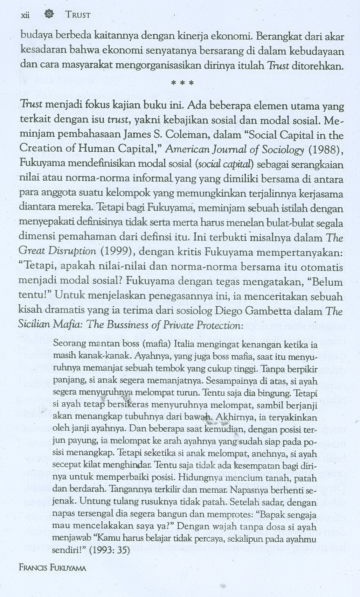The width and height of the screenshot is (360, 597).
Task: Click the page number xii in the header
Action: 25,15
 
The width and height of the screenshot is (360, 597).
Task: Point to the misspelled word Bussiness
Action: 129,325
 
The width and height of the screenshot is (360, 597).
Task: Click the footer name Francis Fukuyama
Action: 53,568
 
